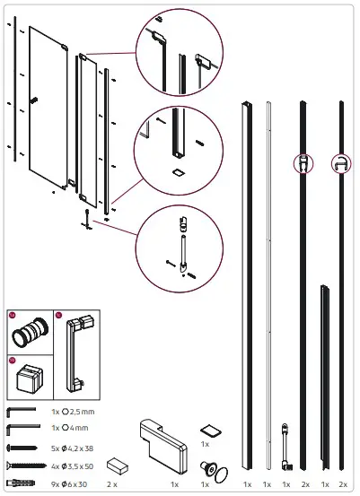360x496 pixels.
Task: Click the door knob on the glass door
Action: pyautogui.click(x=34, y=100)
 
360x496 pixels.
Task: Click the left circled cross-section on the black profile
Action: pyautogui.click(x=306, y=164)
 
